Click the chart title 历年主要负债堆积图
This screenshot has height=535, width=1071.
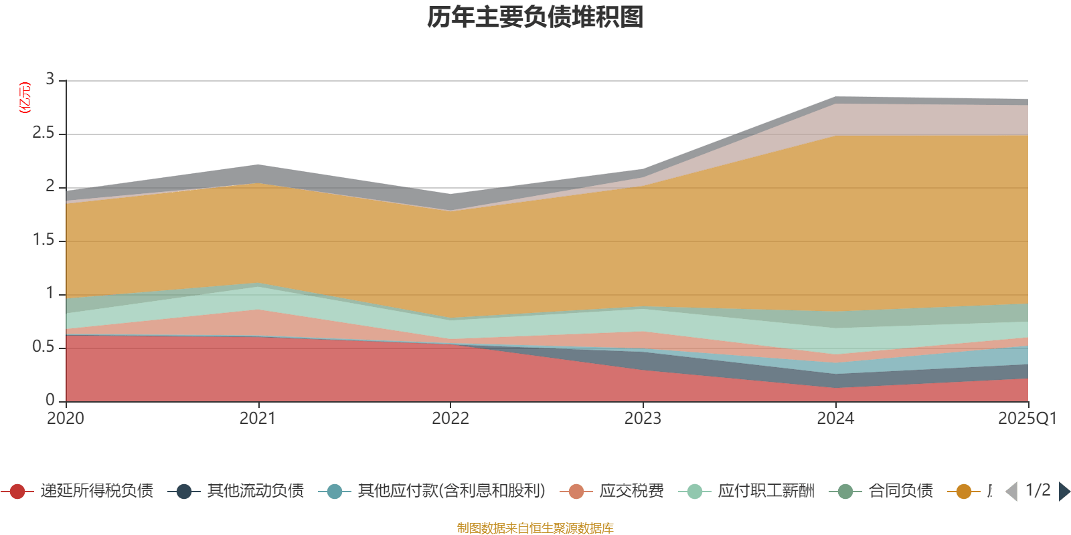click(535, 17)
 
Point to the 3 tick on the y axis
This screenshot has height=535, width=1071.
click(50, 80)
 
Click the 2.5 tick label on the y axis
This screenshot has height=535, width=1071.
click(44, 133)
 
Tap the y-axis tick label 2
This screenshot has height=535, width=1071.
click(50, 187)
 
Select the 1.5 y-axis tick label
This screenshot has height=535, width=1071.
click(44, 240)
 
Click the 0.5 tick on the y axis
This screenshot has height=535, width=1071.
click(44, 347)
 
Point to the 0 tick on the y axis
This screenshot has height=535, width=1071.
click(50, 401)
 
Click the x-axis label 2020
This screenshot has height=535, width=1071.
click(66, 419)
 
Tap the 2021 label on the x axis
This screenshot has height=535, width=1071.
click(258, 419)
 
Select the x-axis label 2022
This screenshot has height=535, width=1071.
click(450, 419)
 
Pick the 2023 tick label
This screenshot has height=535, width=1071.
click(643, 419)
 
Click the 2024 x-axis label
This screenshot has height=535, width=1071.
click(835, 419)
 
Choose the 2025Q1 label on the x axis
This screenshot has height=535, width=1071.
click(1027, 419)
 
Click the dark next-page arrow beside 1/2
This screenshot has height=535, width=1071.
click(1064, 492)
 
